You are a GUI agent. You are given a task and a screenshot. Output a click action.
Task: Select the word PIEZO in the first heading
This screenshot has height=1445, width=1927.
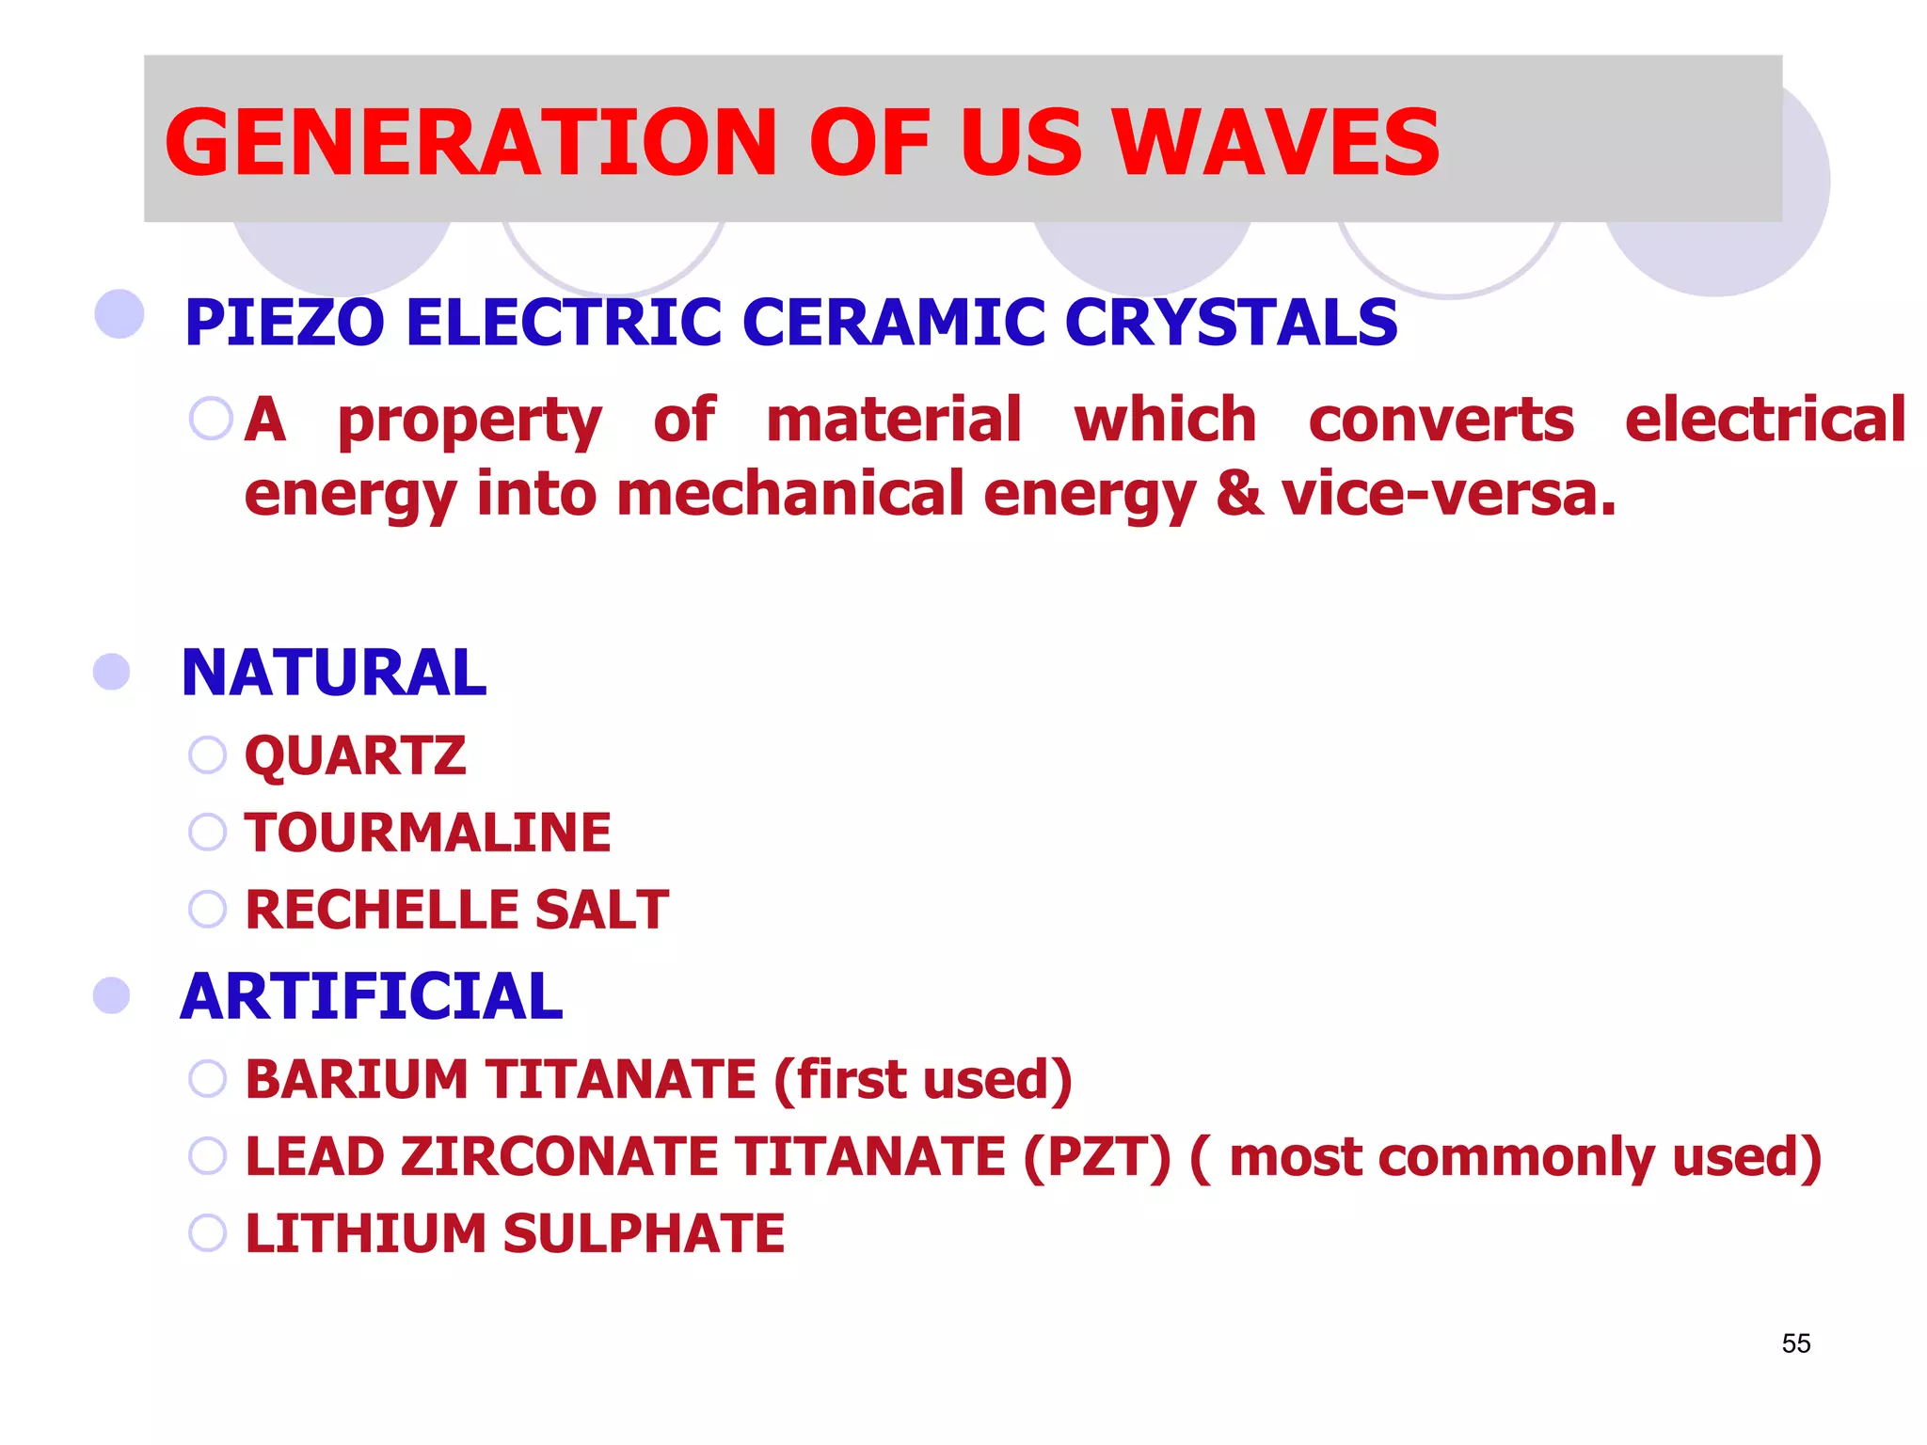click(x=284, y=323)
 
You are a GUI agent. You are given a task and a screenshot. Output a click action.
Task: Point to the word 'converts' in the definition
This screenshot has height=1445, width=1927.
click(x=1441, y=421)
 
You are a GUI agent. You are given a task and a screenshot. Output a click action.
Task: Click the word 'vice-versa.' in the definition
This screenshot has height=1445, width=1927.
click(x=1448, y=495)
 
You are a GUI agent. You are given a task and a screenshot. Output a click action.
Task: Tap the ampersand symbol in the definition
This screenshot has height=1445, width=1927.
click(x=1239, y=495)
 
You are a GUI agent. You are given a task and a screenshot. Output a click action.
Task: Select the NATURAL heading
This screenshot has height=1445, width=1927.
click(x=334, y=674)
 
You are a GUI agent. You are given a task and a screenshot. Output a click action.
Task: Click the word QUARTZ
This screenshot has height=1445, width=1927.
click(x=355, y=755)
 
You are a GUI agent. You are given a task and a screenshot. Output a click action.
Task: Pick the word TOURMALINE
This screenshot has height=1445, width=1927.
click(x=428, y=833)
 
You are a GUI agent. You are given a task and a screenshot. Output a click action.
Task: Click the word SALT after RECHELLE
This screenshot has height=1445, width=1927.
click(x=601, y=910)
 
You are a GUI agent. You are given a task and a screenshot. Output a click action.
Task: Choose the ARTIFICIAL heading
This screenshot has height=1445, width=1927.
click(x=372, y=997)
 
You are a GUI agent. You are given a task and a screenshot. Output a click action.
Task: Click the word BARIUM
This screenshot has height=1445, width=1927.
click(x=356, y=1079)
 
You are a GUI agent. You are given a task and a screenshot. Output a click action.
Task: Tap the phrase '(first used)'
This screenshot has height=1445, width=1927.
click(x=922, y=1079)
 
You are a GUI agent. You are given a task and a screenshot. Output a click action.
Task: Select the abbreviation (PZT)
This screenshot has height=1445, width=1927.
click(x=1097, y=1156)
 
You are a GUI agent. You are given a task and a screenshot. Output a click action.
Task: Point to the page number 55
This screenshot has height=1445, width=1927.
click(x=1795, y=1343)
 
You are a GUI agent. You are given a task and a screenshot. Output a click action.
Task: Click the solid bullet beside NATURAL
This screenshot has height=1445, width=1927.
click(x=112, y=673)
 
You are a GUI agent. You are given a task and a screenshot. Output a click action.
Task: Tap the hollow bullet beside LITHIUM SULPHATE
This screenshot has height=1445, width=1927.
click(x=207, y=1232)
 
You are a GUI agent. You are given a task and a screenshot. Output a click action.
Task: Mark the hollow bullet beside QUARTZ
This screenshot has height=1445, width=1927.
click(x=207, y=754)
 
